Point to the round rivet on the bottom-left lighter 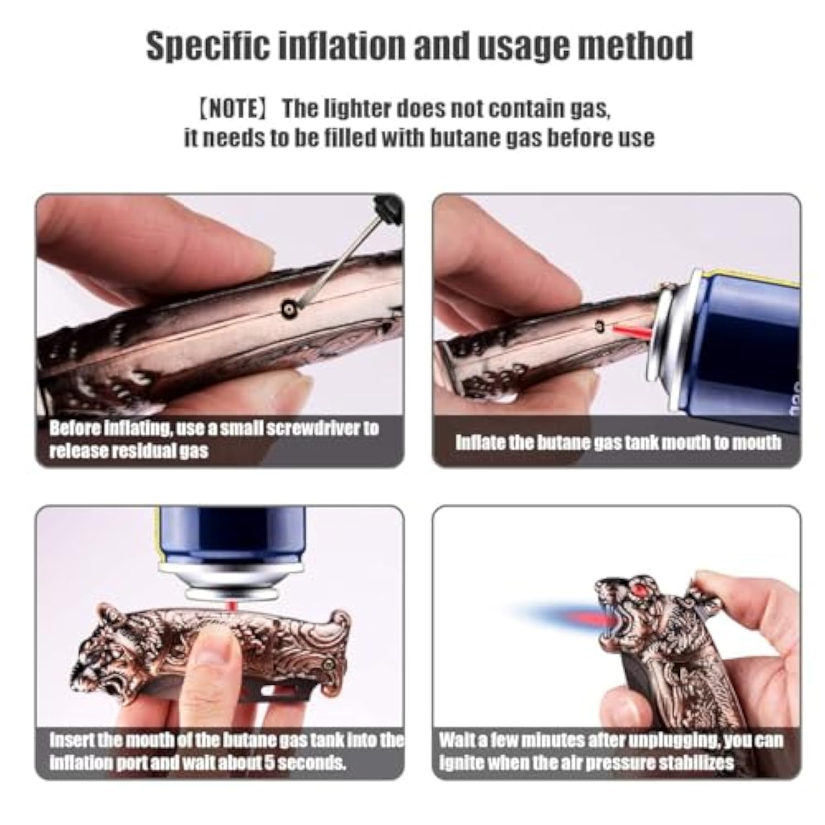click(329, 665)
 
